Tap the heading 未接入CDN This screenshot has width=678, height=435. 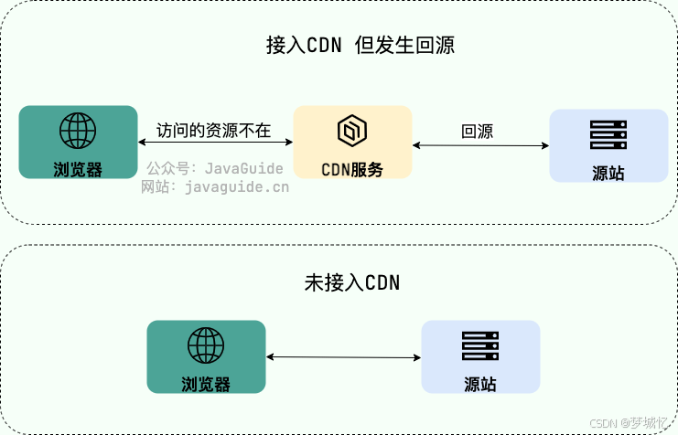pyautogui.click(x=352, y=282)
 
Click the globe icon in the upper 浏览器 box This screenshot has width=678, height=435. pyautogui.click(x=78, y=131)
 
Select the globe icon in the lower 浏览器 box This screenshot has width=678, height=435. pyautogui.click(x=206, y=345)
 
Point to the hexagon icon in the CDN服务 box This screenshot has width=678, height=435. pyautogui.click(x=352, y=132)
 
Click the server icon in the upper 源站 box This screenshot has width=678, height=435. pyautogui.click(x=608, y=135)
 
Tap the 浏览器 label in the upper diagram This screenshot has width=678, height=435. pyautogui.click(x=78, y=169)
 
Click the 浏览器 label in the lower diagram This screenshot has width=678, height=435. pyautogui.click(x=206, y=384)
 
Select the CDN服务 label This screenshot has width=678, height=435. pyautogui.click(x=352, y=169)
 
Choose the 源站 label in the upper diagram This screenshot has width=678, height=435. pyautogui.click(x=608, y=173)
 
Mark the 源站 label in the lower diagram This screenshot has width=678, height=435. pyautogui.click(x=480, y=385)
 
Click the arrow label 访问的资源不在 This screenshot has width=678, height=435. pyautogui.click(x=214, y=130)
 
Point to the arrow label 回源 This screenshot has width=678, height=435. pyautogui.click(x=478, y=132)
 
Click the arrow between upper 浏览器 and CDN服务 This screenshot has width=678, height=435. pyautogui.click(x=215, y=143)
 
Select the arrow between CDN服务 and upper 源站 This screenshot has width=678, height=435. pyautogui.click(x=480, y=144)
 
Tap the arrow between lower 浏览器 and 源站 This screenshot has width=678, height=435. pyautogui.click(x=343, y=357)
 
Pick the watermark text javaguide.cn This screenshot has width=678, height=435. pyautogui.click(x=236, y=186)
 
